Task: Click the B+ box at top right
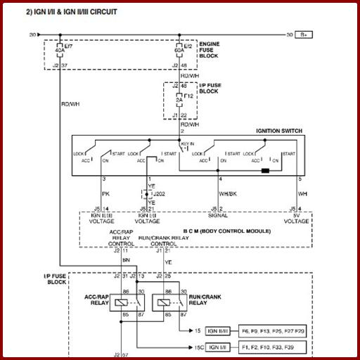304,34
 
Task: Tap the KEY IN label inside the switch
188,146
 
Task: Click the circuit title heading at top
71,13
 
